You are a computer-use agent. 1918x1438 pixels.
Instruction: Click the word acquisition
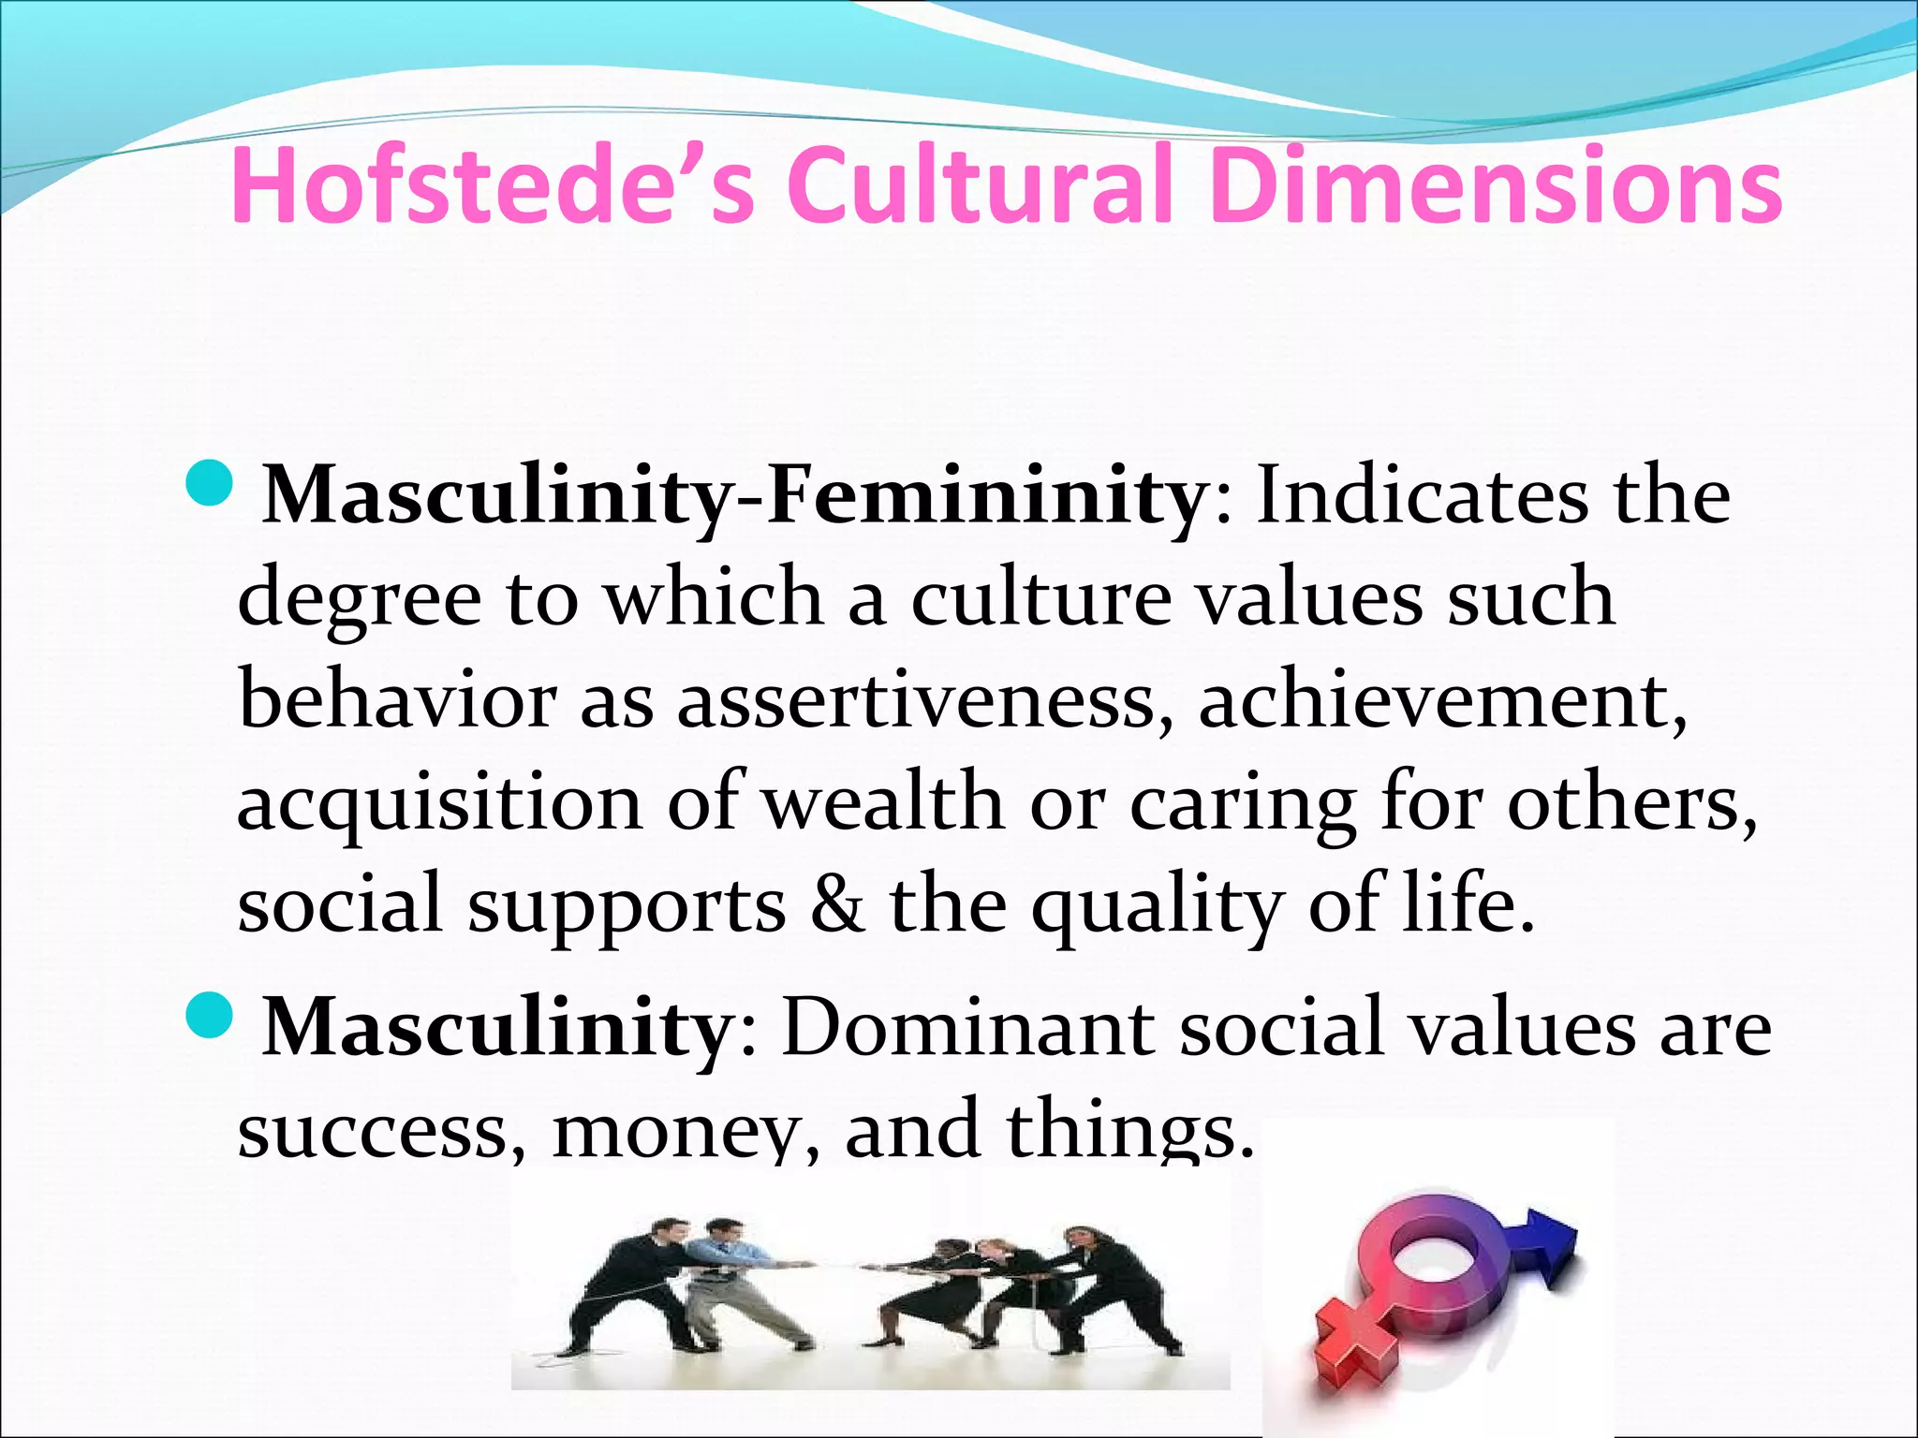(x=440, y=803)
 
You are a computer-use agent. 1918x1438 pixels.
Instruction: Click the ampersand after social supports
(x=836, y=904)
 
